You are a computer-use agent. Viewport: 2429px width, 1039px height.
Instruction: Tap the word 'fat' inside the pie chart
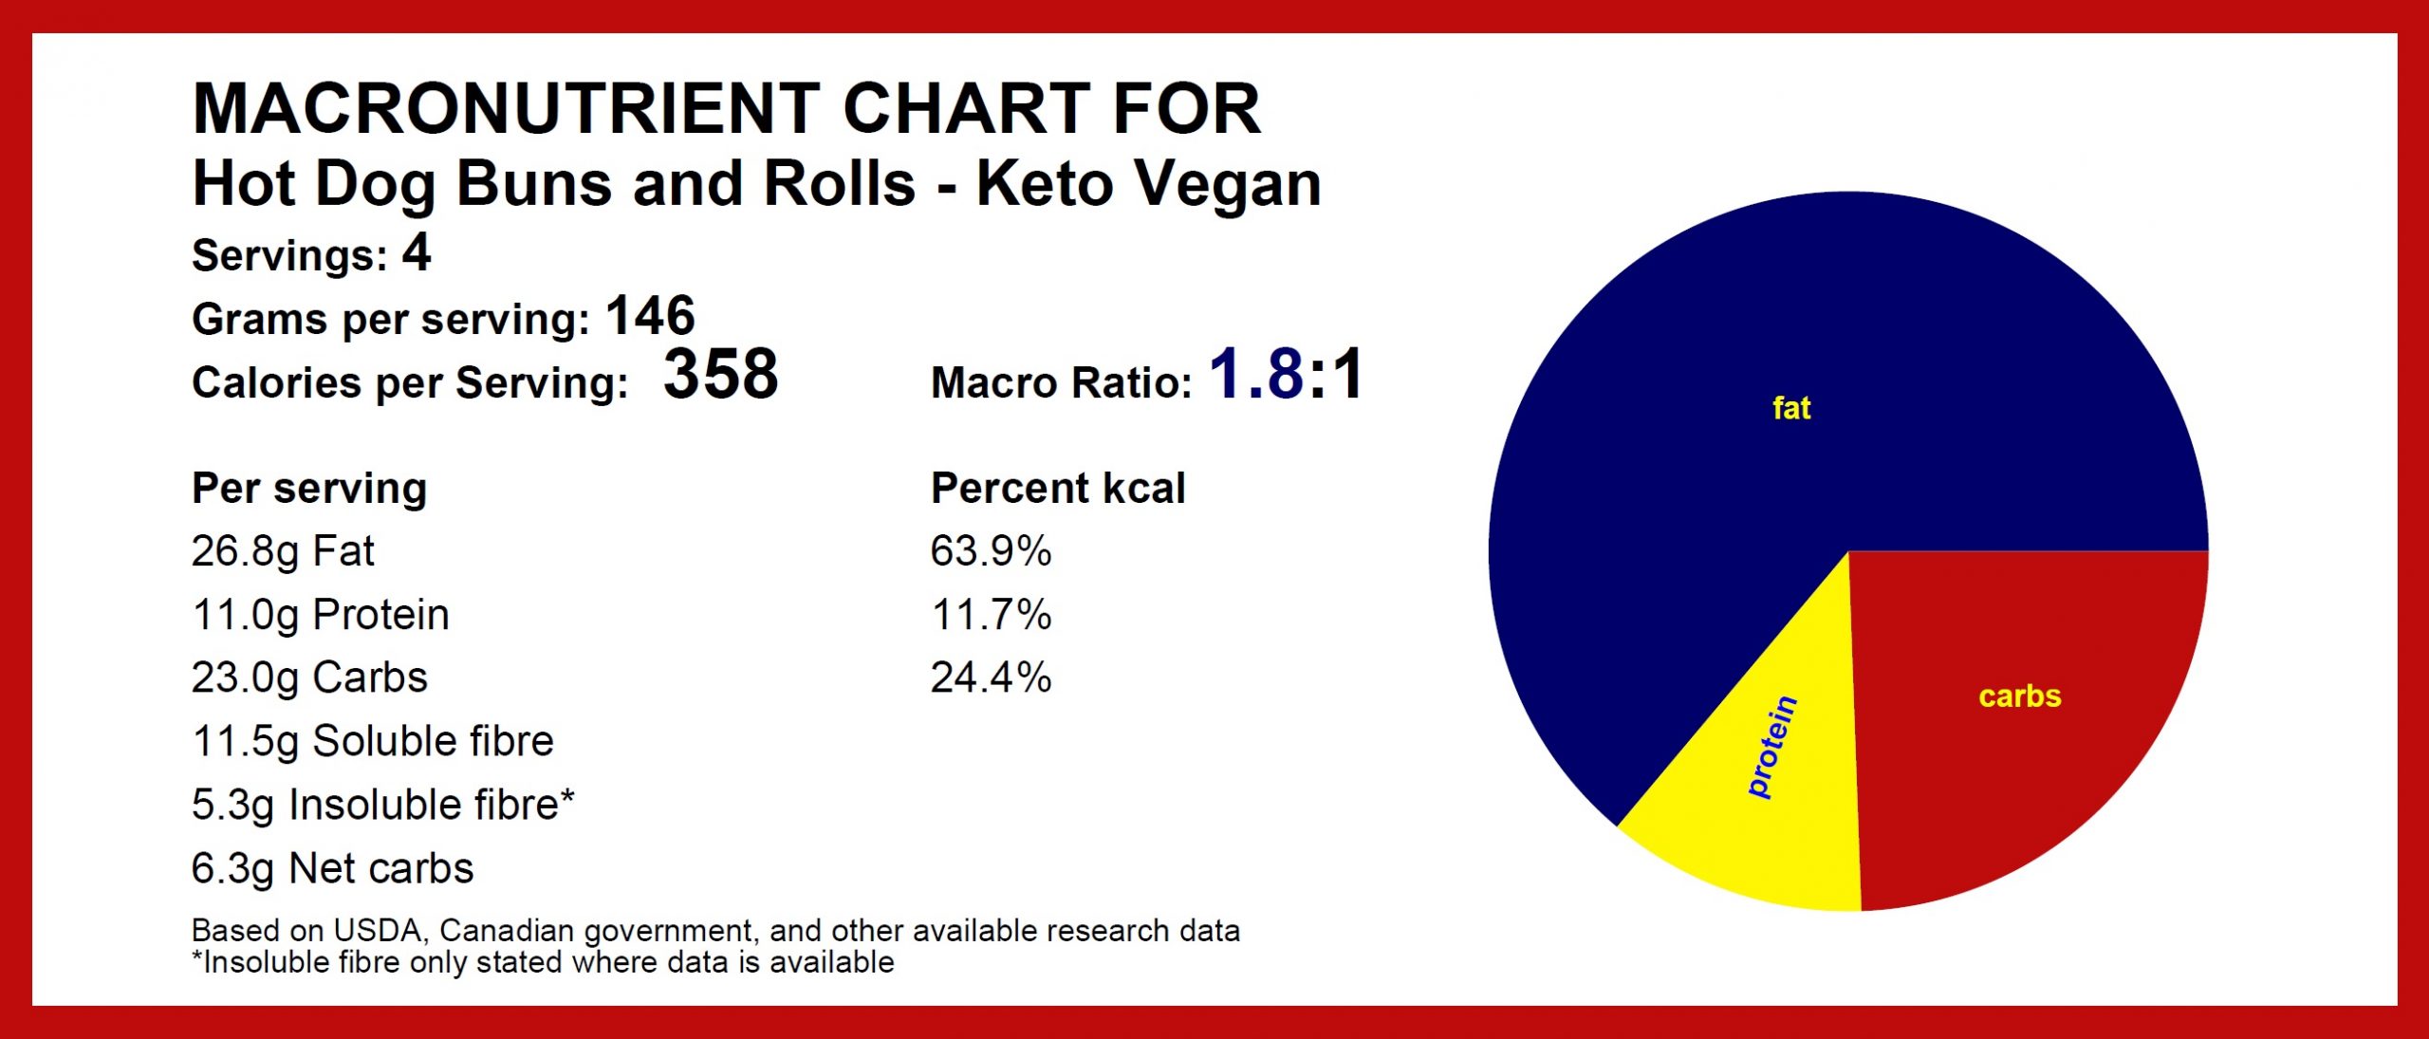click(1791, 408)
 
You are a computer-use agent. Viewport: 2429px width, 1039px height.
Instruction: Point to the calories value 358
click(720, 374)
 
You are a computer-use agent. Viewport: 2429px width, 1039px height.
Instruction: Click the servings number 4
click(416, 253)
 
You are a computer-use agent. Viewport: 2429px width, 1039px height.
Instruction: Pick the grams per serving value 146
click(650, 316)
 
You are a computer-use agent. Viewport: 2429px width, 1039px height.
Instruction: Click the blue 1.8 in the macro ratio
click(1256, 374)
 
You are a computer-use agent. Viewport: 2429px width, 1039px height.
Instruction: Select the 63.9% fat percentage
click(991, 551)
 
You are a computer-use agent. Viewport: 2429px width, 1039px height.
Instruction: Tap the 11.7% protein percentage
click(991, 615)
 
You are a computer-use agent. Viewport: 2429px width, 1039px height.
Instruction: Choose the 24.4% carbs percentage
click(991, 677)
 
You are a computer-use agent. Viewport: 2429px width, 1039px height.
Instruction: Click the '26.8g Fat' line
click(283, 552)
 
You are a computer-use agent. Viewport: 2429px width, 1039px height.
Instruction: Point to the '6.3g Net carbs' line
click(332, 869)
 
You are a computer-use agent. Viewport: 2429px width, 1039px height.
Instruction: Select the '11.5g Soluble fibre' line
click(372, 742)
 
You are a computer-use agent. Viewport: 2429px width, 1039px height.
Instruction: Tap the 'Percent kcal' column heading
click(1058, 489)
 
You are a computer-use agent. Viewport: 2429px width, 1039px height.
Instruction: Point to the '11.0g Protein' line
click(320, 616)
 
